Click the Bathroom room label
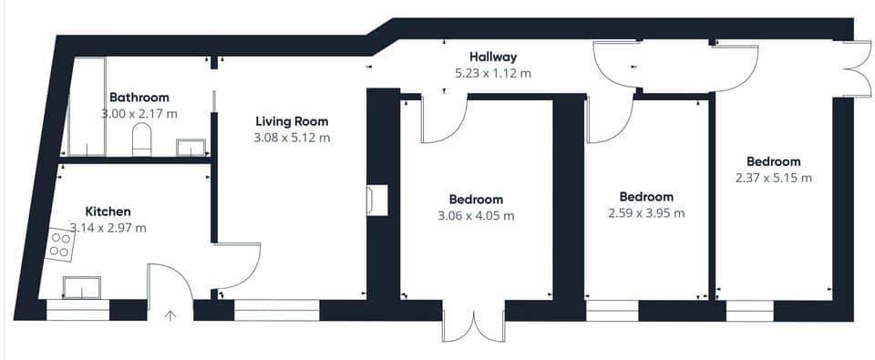coord(139,98)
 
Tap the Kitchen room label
coord(108,211)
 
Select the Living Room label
coord(292,120)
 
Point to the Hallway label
coord(493,57)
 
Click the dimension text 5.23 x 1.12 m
coord(493,73)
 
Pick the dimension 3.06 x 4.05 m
coord(476,216)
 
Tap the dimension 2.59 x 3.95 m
coord(646,213)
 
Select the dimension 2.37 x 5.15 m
coord(774,179)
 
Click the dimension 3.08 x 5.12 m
coord(292,138)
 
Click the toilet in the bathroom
coord(142,139)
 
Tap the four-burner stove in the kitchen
coord(61,245)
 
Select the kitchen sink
coord(81,287)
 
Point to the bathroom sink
coord(190,148)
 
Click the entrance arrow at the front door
coord(170,316)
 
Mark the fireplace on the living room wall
coord(376,200)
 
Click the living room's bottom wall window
coord(277,310)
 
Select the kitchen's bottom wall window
coord(77,310)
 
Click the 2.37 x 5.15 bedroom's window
coord(749,311)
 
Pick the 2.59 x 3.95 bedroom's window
coord(612,311)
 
